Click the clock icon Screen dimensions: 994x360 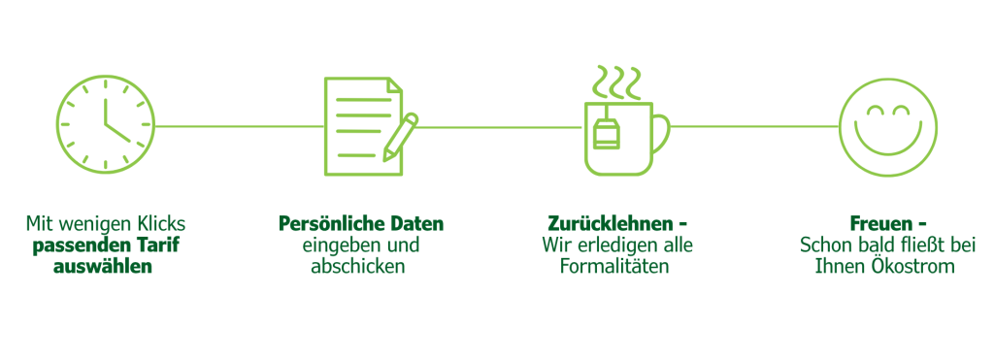[x=106, y=126]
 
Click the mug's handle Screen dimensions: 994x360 [x=660, y=132]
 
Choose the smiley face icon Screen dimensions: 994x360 [x=887, y=126]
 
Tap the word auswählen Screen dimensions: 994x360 [x=106, y=265]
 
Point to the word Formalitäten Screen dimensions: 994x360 [x=614, y=265]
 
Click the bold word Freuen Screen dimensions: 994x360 [x=874, y=223]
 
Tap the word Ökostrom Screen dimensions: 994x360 [x=917, y=265]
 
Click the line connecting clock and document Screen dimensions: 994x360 [x=238, y=126]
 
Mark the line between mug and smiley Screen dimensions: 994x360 [x=752, y=126]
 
